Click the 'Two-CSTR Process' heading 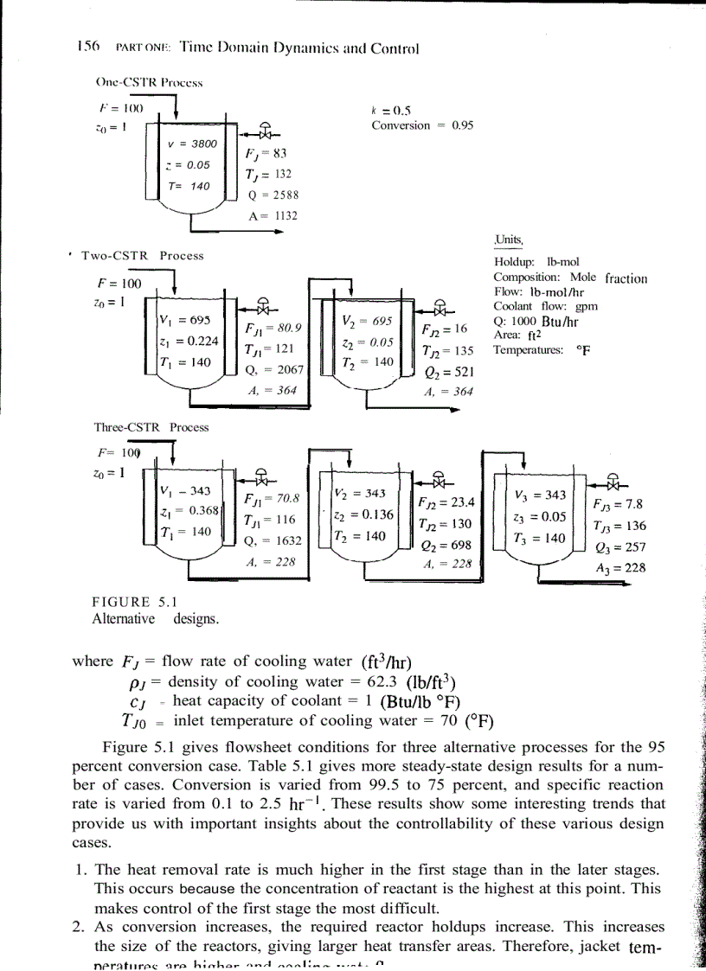pyautogui.click(x=142, y=256)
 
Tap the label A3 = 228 pyautogui.click(x=619, y=567)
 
